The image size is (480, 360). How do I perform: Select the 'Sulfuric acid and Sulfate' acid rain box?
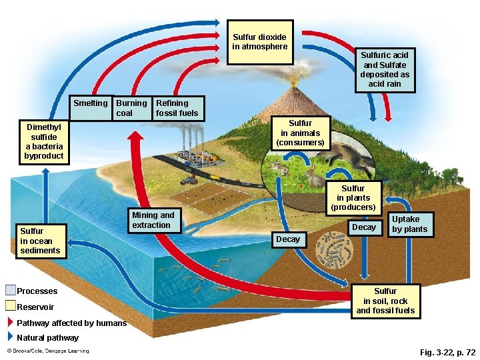(385, 69)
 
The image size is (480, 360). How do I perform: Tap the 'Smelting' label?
(91, 103)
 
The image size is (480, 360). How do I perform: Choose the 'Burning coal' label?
(131, 108)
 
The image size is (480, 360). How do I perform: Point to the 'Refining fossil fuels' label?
(177, 108)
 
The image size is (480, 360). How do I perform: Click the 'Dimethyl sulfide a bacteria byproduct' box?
(44, 141)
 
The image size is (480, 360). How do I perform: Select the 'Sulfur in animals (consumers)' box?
(300, 133)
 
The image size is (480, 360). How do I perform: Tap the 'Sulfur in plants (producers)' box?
(353, 198)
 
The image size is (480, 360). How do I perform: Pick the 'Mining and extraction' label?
(153, 220)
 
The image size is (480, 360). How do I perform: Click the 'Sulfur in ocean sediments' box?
(40, 241)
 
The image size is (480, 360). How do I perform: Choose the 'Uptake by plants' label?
(410, 224)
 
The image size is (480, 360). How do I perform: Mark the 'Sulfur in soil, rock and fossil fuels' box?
(385, 301)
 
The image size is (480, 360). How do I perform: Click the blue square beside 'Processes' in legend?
(10, 291)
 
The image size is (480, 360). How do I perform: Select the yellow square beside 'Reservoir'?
(10, 307)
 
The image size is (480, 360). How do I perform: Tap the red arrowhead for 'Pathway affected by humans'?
(10, 323)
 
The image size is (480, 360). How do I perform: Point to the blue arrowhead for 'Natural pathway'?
(10, 337)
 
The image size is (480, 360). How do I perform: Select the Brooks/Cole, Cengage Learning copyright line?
(48, 351)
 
